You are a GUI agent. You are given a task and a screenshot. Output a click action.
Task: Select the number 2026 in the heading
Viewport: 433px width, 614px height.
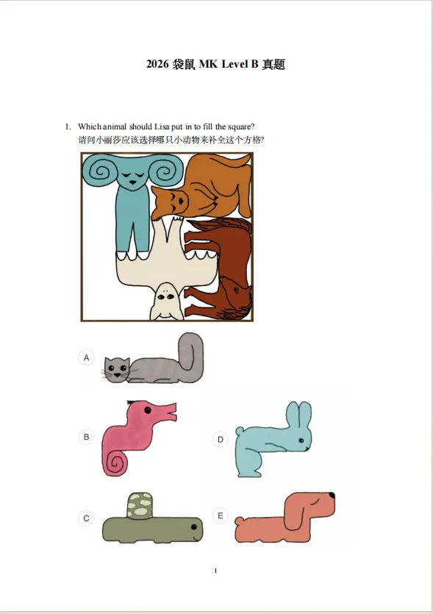pos(157,64)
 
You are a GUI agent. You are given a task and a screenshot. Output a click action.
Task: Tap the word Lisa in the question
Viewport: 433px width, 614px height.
pos(162,126)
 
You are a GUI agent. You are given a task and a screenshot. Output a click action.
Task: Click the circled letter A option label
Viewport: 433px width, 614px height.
pos(87,357)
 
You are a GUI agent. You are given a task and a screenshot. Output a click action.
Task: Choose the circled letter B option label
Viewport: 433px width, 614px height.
pos(87,437)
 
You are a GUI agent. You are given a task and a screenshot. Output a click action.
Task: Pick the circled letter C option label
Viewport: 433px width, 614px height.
pos(87,518)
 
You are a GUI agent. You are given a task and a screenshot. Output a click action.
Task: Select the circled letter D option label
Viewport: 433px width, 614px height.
pos(221,439)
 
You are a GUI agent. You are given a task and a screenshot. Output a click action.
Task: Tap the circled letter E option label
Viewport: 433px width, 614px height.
pos(221,515)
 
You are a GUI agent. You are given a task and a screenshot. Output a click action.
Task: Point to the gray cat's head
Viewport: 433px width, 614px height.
pos(117,370)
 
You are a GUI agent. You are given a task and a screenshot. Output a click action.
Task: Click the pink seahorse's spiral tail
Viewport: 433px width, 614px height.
pos(115,463)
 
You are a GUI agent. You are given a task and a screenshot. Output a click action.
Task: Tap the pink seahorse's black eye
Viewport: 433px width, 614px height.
pos(148,410)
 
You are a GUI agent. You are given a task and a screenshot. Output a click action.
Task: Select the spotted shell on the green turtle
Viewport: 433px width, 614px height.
pos(140,505)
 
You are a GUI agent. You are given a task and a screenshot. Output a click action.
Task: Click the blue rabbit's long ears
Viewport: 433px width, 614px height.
pos(298,414)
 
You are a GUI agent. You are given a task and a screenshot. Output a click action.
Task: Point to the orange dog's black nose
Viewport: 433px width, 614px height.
pos(332,496)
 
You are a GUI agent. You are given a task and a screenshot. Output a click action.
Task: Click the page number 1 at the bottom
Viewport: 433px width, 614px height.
pos(215,571)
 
